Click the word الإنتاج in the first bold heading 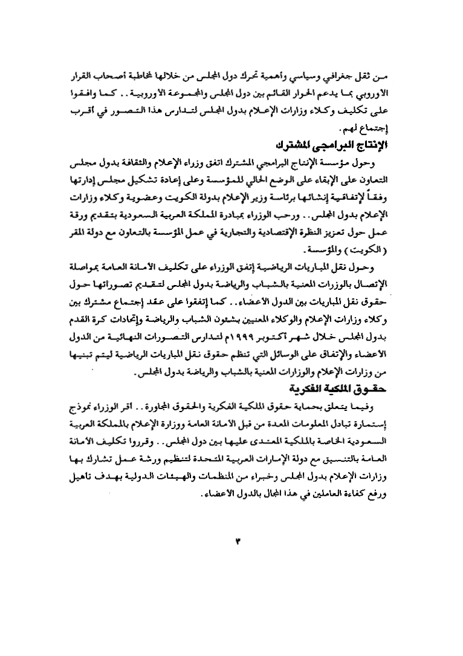(x=369, y=146)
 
